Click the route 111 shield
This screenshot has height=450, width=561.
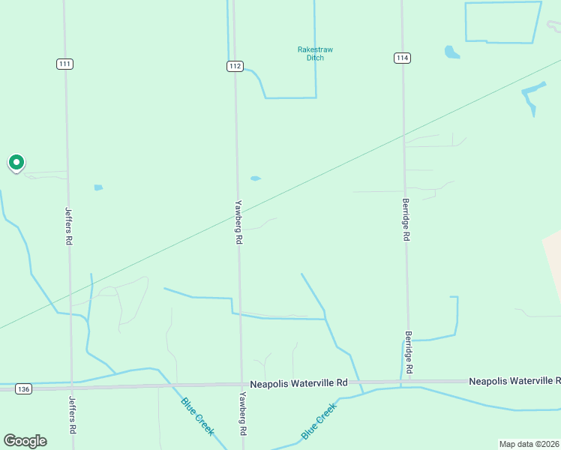click(64, 64)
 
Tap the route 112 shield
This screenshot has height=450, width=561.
click(235, 66)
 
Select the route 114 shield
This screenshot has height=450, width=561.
click(403, 58)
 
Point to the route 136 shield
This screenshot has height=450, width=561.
click(24, 388)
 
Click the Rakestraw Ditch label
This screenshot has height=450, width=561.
click(315, 54)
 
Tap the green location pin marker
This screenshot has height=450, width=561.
click(16, 162)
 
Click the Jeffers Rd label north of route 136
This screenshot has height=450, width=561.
click(68, 226)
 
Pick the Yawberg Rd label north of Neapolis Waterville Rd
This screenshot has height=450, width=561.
click(239, 222)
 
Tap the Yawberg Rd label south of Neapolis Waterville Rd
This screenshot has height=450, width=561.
click(242, 415)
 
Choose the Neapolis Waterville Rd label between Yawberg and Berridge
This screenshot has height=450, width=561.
click(299, 382)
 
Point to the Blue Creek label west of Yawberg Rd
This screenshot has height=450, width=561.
click(197, 415)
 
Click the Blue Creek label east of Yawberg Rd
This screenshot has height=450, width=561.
click(319, 421)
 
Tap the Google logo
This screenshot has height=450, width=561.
click(25, 441)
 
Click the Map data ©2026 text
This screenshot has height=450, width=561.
click(529, 444)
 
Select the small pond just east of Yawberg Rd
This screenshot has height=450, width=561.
click(256, 178)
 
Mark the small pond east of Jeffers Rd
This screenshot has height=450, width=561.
click(98, 187)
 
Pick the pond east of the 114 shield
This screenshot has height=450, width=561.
click(451, 52)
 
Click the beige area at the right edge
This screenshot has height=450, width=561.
click(553, 259)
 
